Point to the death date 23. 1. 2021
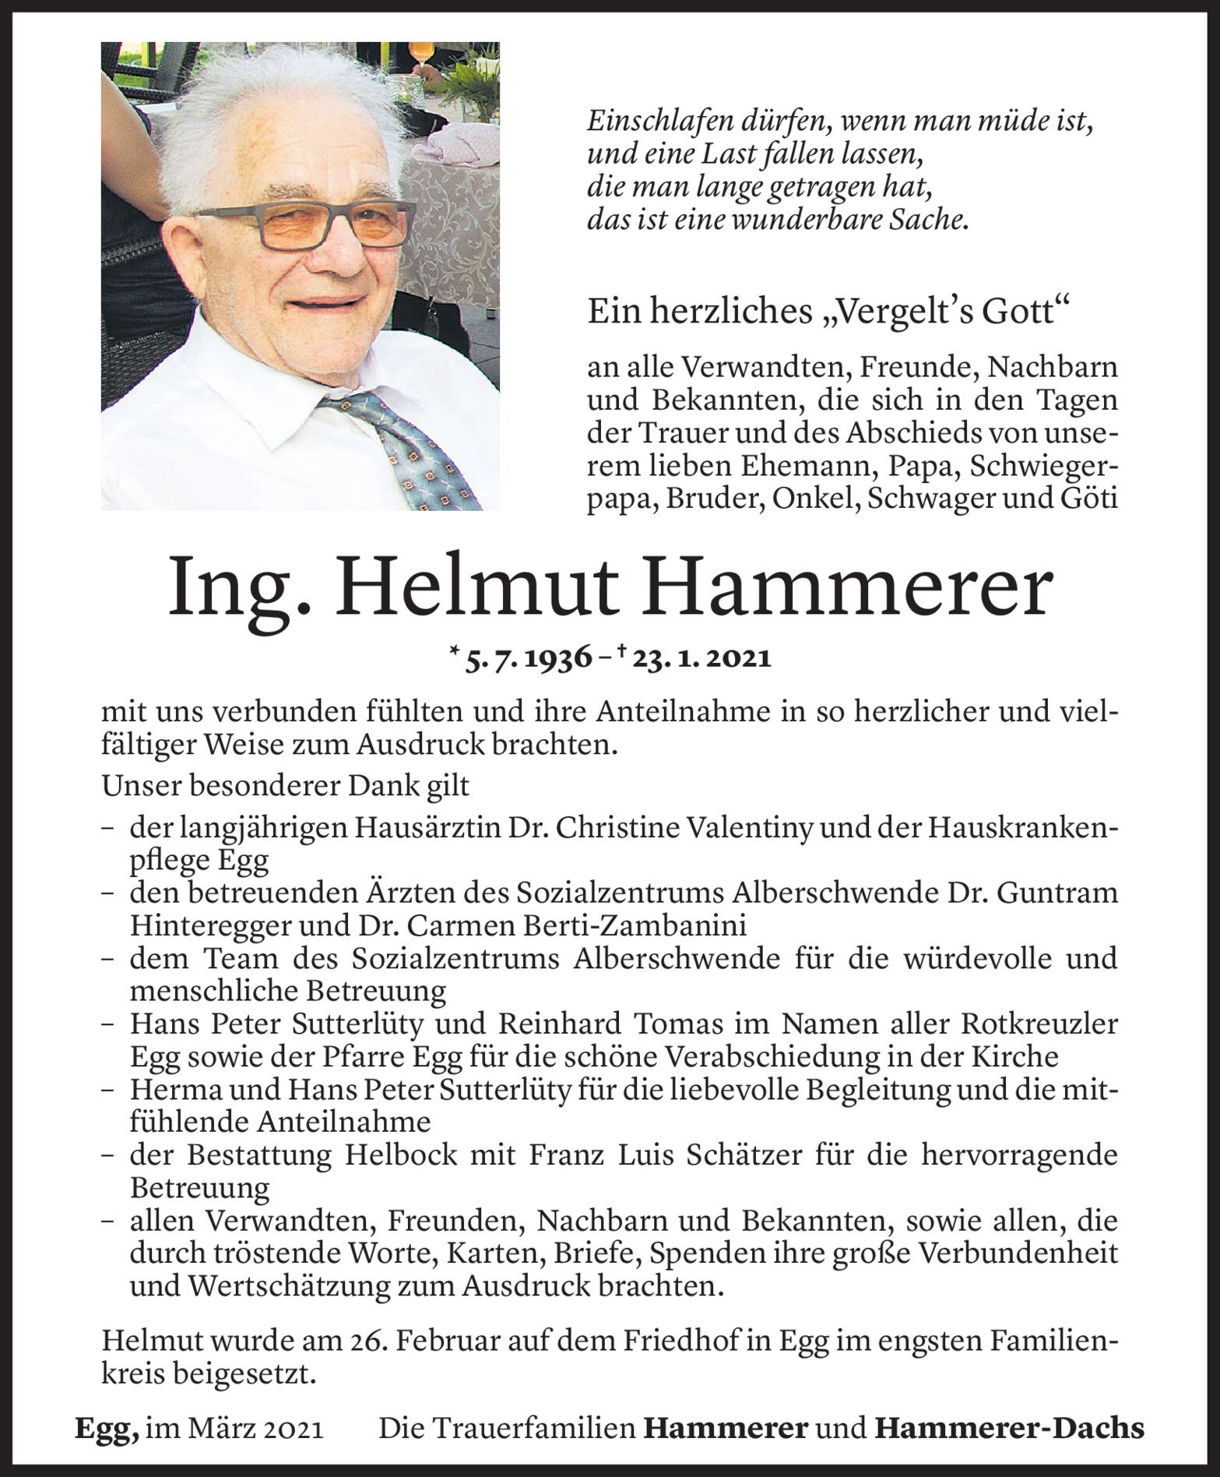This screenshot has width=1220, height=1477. tap(702, 658)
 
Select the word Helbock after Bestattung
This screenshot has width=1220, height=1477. tap(396, 1154)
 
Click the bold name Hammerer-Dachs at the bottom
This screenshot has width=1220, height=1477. tap(1010, 1428)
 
